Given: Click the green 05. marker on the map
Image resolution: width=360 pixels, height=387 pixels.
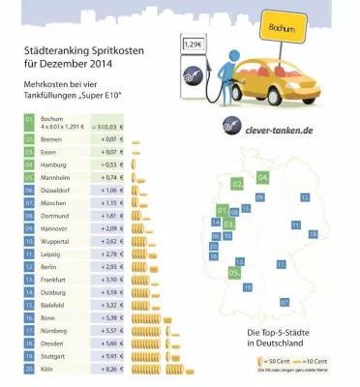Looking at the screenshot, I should pyautogui.click(x=234, y=274).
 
